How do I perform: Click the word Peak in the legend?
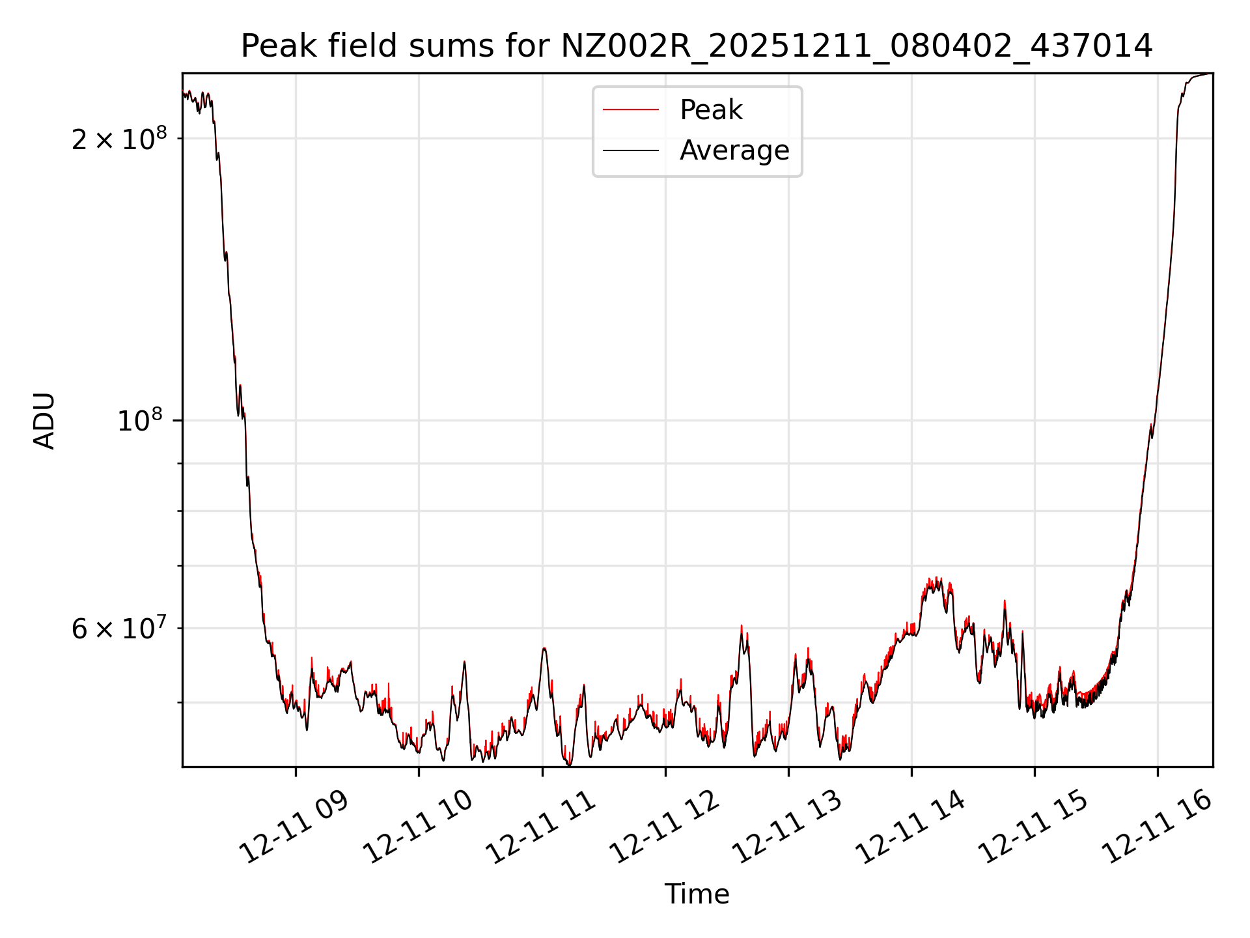[x=711, y=110]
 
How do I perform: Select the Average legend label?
[x=734, y=150]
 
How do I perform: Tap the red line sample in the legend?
[x=630, y=110]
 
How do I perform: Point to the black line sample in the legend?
[x=630, y=150]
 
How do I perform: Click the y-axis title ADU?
[x=44, y=420]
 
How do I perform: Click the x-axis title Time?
[x=697, y=894]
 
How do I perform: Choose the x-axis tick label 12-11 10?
[x=417, y=827]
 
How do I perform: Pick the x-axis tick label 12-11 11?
[x=541, y=827]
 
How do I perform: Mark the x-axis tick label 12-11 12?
[x=664, y=827]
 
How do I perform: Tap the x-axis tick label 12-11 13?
[x=787, y=827]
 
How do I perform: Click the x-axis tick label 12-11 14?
[x=910, y=827]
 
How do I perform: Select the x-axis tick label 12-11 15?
[x=1034, y=827]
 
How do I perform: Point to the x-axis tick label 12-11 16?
[x=1157, y=827]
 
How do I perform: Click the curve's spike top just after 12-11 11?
[x=544, y=648]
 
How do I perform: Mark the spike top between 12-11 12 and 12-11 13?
[x=742, y=627]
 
